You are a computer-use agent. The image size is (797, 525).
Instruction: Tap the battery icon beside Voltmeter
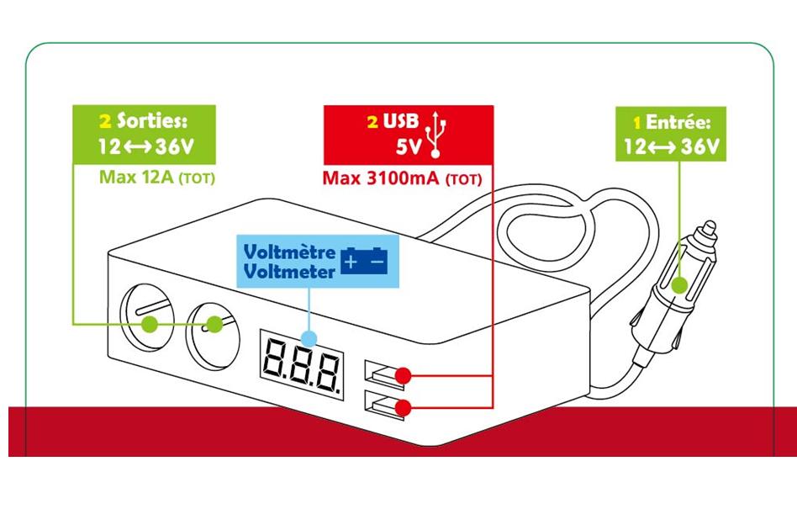tap(365, 261)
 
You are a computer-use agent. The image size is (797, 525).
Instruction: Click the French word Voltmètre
tap(289, 252)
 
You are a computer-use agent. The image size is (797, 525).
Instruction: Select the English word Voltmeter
tap(289, 271)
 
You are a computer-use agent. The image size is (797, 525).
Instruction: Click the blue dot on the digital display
tap(309, 338)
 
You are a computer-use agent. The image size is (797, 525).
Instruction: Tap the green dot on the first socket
tap(150, 325)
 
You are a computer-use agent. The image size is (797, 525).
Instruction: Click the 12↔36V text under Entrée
tap(672, 147)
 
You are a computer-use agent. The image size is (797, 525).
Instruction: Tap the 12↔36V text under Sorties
tap(145, 146)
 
